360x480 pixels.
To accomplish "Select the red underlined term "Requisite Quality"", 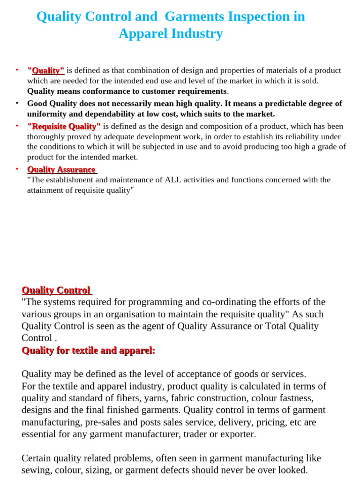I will [x=64, y=126].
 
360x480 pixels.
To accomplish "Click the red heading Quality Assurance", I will [x=61, y=170].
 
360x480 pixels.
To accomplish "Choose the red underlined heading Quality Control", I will [x=56, y=290].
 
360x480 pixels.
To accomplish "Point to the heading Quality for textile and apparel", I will [x=88, y=350].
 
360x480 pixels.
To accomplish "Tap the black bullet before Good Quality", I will [x=17, y=103].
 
